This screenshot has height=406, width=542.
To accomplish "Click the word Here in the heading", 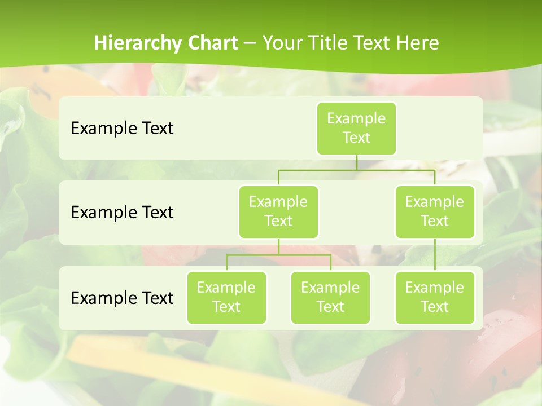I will point(418,43).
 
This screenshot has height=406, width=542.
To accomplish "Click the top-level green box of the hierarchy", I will point(356,128).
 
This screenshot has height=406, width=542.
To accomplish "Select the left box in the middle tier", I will point(278,211).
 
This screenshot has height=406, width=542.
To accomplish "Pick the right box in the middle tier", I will point(435,211).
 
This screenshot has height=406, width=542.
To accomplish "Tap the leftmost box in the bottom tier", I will point(226,297).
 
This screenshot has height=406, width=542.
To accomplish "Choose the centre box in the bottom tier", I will point(330,297).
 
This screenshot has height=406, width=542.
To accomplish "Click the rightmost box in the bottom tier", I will point(435,297).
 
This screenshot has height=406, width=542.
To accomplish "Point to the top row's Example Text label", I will point(122,128).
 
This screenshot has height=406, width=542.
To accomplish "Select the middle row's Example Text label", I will point(122,212).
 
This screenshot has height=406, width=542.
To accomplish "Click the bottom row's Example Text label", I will point(122,298).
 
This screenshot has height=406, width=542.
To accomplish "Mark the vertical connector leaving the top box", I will point(356,162).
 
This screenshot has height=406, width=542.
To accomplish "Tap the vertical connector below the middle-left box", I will point(278,246).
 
